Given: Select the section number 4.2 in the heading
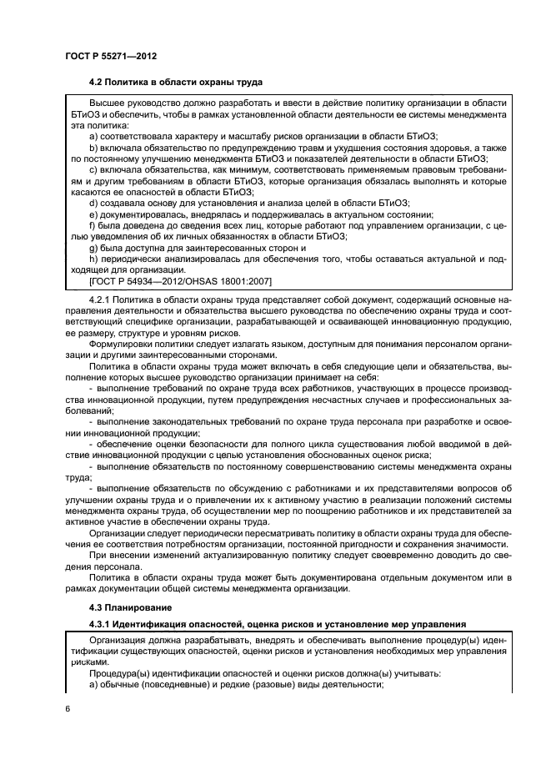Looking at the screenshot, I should click(x=96, y=83).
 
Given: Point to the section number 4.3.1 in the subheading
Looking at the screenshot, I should click(x=101, y=624).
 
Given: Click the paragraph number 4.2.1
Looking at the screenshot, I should click(x=99, y=298).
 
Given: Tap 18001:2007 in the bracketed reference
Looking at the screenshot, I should click(x=243, y=282).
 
